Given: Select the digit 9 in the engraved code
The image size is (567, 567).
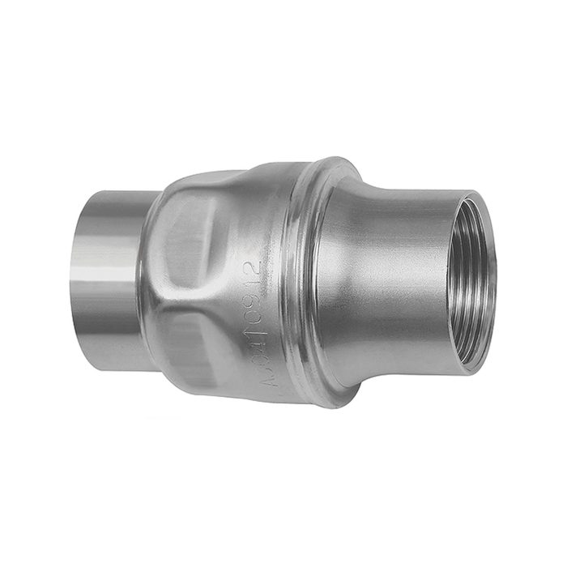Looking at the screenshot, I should (254, 301).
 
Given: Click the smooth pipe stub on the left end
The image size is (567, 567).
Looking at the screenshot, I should (113, 275).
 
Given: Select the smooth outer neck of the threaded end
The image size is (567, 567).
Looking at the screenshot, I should (405, 283).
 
